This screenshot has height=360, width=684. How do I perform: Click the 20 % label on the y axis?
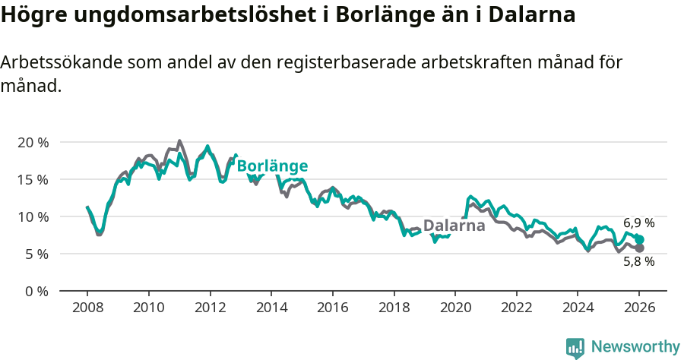(32, 142)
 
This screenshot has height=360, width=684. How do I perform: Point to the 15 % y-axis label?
(32, 179)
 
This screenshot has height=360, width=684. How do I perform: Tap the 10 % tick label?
(32, 216)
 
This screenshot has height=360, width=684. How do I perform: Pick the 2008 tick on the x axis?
(87, 308)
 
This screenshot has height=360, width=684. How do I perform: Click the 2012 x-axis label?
(211, 308)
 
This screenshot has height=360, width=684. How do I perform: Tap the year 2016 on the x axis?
(333, 308)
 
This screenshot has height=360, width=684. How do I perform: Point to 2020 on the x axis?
(455, 308)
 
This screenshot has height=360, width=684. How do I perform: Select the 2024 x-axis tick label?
(578, 308)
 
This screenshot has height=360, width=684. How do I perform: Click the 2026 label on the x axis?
(639, 308)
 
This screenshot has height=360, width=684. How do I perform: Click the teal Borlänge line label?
(272, 166)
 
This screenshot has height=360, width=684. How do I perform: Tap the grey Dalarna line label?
(454, 226)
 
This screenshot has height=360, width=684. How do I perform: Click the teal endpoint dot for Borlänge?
(639, 239)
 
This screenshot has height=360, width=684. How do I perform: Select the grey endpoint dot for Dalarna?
(639, 248)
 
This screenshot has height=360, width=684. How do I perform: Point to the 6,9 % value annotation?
(639, 223)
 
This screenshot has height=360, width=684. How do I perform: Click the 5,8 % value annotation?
(639, 262)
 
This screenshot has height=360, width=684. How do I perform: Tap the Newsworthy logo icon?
(575, 347)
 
